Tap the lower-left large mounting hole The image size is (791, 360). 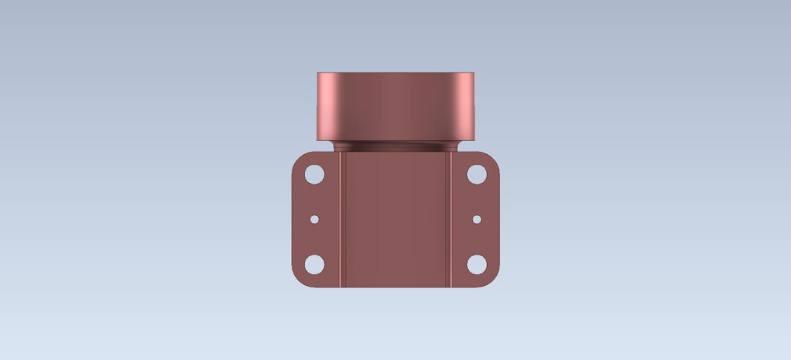pyautogui.click(x=314, y=264)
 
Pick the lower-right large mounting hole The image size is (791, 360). pyautogui.click(x=477, y=264)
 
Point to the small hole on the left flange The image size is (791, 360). pyautogui.click(x=314, y=220)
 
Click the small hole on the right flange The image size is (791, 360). pyautogui.click(x=477, y=220)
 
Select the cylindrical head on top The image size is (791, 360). pyautogui.click(x=395, y=105)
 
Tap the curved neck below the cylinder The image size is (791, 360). pyautogui.click(x=395, y=146)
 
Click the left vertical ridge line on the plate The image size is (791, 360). pyautogui.click(x=340, y=221)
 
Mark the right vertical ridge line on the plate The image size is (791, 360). pyautogui.click(x=451, y=221)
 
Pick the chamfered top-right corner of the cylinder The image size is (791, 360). pyautogui.click(x=472, y=76)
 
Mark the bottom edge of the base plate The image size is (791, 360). pyautogui.click(x=395, y=287)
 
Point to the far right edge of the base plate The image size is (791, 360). pyautogui.click(x=498, y=220)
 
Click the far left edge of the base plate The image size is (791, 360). pyautogui.click(x=293, y=220)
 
